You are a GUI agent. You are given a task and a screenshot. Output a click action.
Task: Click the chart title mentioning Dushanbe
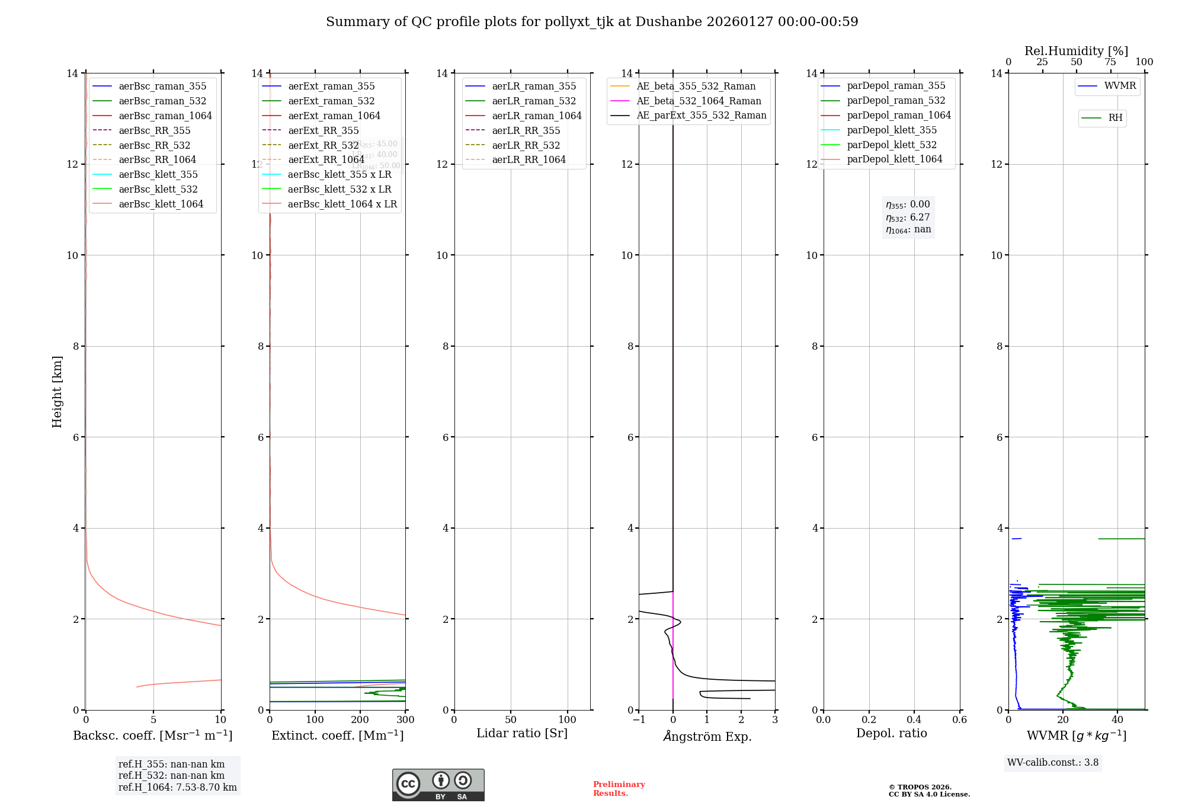(592, 22)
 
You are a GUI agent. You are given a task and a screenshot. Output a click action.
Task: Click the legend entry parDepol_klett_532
(892, 145)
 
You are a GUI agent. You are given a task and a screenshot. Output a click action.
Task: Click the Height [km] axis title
(57, 392)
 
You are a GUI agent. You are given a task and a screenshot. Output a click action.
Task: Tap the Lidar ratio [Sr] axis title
(522, 734)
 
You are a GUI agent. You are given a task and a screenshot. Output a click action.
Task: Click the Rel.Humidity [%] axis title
(1076, 51)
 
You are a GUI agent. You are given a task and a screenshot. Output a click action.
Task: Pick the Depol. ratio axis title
(891, 734)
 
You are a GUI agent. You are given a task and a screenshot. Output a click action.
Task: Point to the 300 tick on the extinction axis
(406, 720)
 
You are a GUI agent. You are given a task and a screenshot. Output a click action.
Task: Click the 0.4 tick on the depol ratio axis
(914, 720)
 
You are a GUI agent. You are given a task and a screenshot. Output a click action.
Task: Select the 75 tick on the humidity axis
(1110, 62)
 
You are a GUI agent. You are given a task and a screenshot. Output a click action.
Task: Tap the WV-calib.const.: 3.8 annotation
(1053, 763)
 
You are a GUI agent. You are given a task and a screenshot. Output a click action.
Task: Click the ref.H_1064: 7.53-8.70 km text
(178, 788)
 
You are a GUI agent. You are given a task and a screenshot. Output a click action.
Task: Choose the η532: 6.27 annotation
(908, 218)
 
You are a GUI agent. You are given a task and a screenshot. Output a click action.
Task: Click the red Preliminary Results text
(619, 789)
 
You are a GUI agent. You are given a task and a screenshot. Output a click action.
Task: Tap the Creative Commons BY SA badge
(438, 785)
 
